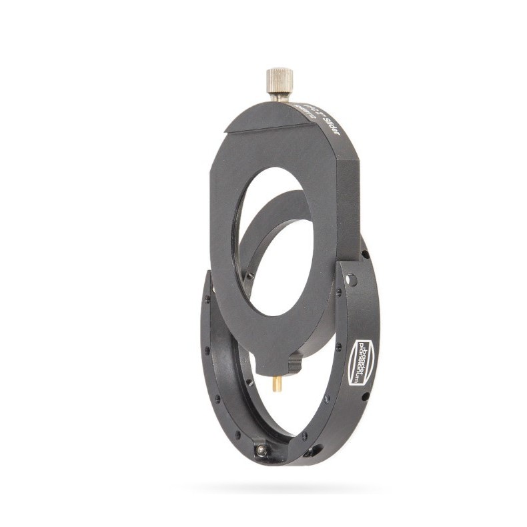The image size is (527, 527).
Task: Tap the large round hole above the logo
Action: point(351,279)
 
